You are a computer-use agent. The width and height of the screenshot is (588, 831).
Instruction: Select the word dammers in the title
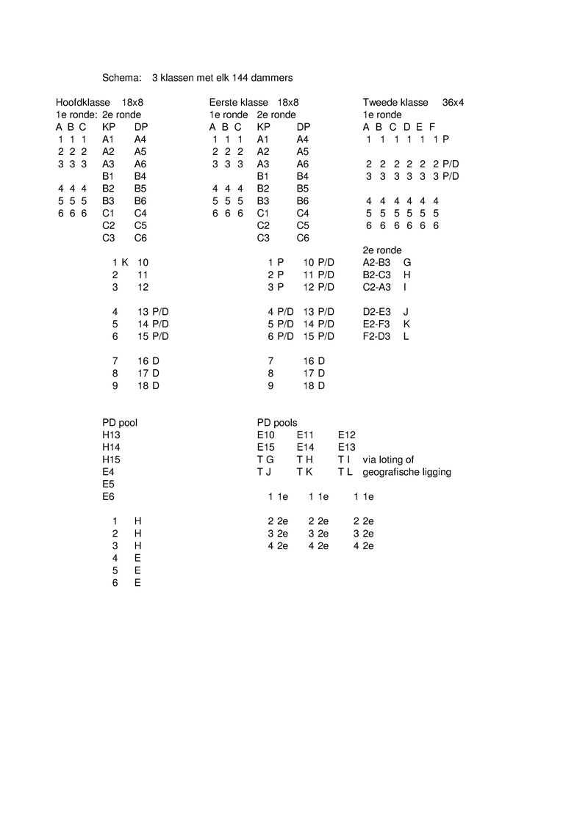(x=272, y=77)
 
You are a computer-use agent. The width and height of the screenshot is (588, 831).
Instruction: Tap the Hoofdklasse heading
(x=83, y=102)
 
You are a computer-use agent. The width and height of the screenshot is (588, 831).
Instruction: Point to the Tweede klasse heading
(x=395, y=102)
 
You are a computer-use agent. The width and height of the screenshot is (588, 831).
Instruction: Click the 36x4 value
(x=453, y=102)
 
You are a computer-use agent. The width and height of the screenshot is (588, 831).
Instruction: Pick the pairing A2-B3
(x=377, y=262)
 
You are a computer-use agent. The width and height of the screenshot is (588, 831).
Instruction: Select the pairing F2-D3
(x=377, y=336)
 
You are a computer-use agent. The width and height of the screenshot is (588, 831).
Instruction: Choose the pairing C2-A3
(x=377, y=287)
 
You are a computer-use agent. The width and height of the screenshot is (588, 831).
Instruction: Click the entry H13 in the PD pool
(x=111, y=435)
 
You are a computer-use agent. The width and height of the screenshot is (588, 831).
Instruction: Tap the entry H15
(x=111, y=460)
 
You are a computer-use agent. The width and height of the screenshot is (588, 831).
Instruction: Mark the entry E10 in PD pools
(x=265, y=435)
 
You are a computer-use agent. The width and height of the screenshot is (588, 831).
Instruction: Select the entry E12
(x=347, y=435)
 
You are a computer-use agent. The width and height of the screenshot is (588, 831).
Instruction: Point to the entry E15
(x=265, y=447)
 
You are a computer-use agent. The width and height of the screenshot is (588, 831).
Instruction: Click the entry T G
(x=265, y=460)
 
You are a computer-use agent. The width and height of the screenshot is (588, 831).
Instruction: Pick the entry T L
(x=345, y=472)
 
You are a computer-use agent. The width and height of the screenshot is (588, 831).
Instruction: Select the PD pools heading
(x=277, y=422)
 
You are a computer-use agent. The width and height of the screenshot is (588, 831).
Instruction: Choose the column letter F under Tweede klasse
(x=432, y=127)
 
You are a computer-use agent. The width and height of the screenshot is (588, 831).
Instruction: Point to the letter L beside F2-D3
(x=406, y=336)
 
